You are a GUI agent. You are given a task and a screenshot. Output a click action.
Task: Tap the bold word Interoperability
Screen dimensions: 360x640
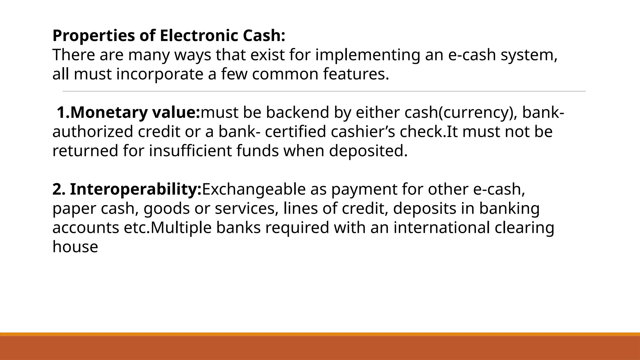135,189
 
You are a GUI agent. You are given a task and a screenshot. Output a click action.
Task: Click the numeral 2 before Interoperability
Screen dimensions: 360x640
57,189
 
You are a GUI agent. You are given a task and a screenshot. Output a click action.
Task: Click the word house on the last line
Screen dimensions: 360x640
75,247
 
